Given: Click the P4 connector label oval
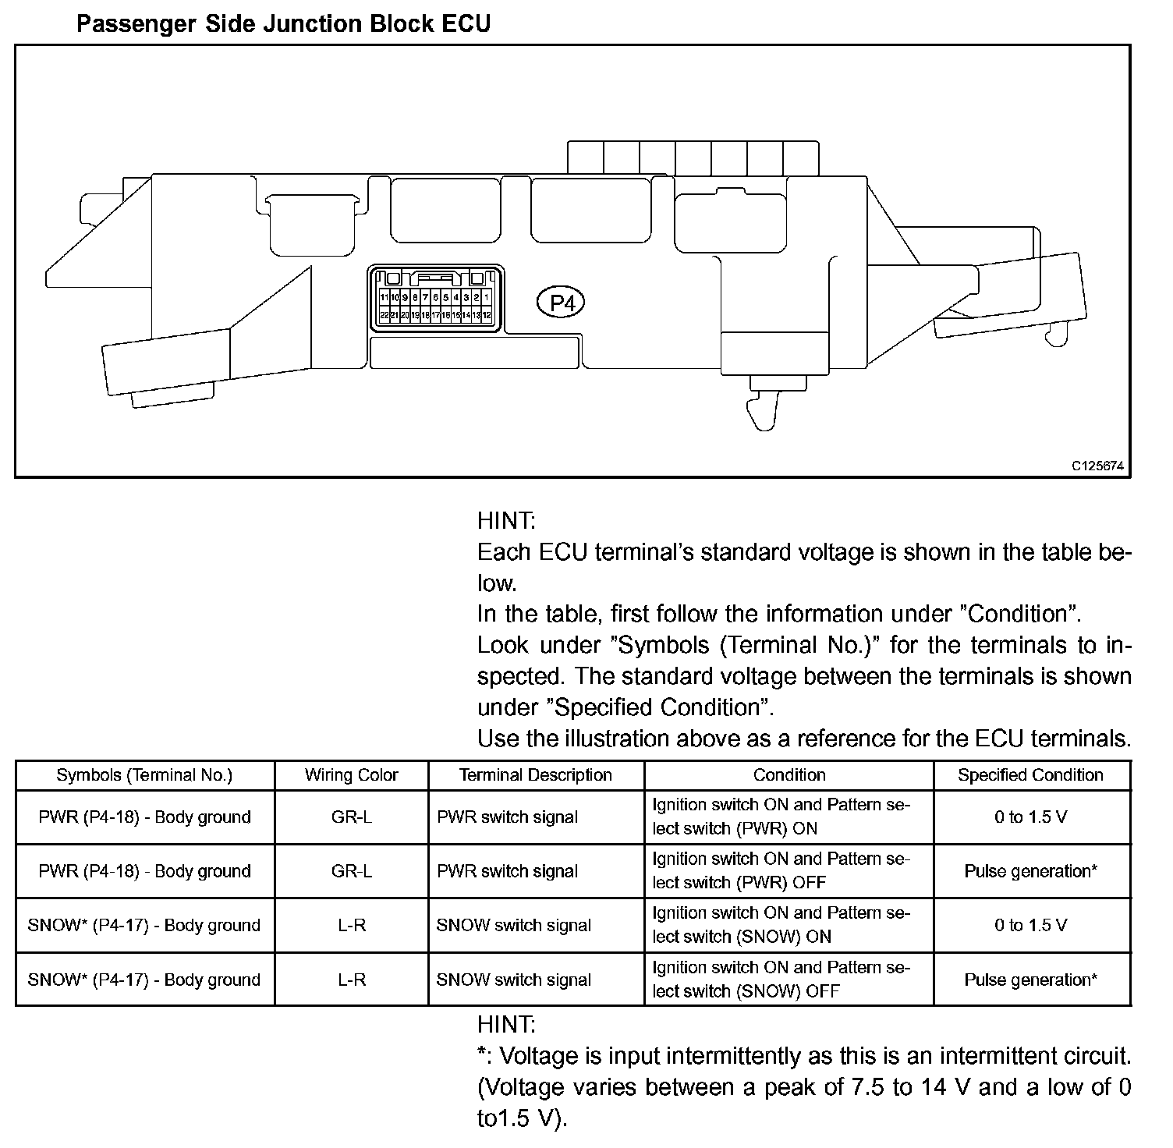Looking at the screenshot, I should (x=561, y=302).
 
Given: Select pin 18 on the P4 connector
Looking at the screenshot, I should (x=426, y=315).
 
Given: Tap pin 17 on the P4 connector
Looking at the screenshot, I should (x=436, y=315).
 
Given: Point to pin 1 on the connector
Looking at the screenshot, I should (x=487, y=297).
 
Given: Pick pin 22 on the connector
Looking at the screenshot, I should (x=385, y=315).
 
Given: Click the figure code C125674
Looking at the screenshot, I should (x=1097, y=466).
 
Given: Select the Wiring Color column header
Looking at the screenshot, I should (x=351, y=775).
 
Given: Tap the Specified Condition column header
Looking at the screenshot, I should (x=1030, y=775).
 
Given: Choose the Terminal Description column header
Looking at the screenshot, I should (x=535, y=775).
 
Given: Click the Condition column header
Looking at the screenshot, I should (x=789, y=775).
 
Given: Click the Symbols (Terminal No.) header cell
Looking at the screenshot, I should (x=144, y=775).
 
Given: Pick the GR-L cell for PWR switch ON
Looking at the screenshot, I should (x=351, y=817).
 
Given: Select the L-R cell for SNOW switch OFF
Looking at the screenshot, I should (x=351, y=980).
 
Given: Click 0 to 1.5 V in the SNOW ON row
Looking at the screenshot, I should (x=1030, y=926).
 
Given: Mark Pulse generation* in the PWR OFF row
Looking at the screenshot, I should (x=1030, y=871).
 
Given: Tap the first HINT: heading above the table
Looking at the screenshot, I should (x=506, y=520).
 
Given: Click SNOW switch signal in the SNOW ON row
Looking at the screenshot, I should (x=513, y=926).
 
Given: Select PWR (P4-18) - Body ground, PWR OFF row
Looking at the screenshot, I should (x=144, y=871).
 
